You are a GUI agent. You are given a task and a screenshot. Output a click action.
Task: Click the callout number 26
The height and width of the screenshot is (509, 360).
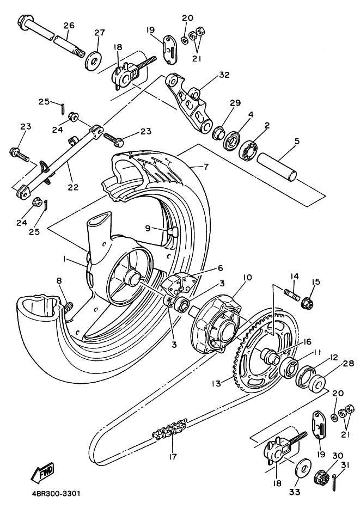coord(69,26)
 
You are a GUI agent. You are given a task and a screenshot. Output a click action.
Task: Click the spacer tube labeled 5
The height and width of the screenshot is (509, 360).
coord(278,165)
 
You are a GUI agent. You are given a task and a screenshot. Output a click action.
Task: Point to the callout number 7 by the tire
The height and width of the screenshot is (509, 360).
coord(206,167)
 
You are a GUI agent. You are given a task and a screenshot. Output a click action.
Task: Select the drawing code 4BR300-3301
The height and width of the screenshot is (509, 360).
coord(52,494)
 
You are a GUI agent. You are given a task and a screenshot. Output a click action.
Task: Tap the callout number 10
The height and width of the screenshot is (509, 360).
coord(247,278)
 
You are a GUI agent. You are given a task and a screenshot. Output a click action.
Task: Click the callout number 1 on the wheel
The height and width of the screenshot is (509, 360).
coord(65,260)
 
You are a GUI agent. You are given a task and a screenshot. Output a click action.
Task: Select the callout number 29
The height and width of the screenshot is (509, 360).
coord(235,103)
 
